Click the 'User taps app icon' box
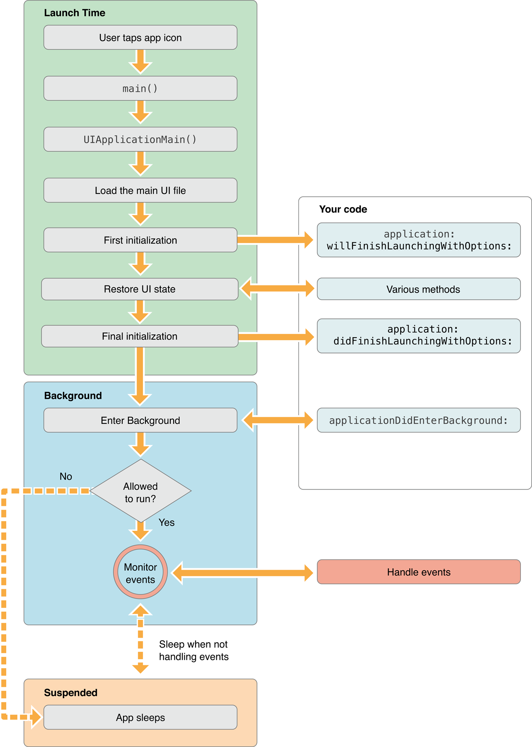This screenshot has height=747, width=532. [140, 38]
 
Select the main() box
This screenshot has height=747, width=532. [140, 88]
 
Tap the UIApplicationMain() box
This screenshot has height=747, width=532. [140, 139]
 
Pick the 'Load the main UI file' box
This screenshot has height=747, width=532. [140, 190]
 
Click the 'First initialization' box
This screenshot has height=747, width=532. [140, 240]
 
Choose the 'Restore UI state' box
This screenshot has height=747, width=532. [140, 289]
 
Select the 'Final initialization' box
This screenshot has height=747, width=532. [140, 336]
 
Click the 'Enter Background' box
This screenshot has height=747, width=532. [140, 420]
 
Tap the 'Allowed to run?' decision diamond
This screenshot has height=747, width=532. [140, 491]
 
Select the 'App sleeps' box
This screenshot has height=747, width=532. [140, 717]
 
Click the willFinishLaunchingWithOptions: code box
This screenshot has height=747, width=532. [418, 240]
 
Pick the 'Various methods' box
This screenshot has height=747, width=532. [418, 289]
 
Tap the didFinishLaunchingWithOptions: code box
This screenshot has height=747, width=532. [418, 336]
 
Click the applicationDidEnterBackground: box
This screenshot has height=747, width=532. [418, 420]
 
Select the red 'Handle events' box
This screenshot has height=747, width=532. [418, 572]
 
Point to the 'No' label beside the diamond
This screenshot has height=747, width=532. [66, 476]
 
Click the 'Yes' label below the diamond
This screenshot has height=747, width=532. [167, 522]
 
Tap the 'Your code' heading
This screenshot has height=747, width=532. [343, 209]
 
